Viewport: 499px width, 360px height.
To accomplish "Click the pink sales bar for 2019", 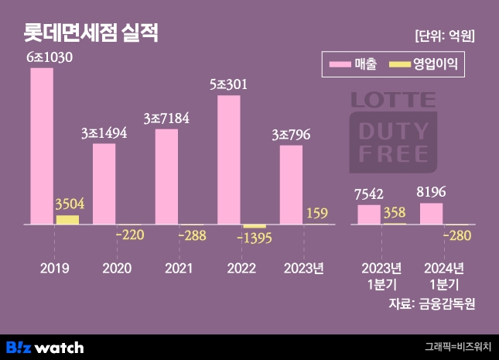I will point(42,146).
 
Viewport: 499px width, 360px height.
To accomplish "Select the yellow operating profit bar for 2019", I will point(67,220).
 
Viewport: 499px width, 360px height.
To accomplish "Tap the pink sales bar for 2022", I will point(229,160).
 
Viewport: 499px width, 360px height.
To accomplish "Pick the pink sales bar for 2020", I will point(104,184).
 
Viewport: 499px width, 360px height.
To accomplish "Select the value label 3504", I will point(70,204).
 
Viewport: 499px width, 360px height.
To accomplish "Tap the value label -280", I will point(458,235).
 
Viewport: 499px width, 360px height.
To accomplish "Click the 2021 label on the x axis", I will point(179,269).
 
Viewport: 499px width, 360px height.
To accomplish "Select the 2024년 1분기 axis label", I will point(443,276).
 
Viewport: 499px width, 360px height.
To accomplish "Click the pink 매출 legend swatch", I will point(339,64).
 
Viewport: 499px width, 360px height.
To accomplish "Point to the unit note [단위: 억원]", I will point(444,36).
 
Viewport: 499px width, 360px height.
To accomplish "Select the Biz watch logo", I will point(45,347).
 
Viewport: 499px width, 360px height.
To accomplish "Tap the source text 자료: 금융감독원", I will point(431,303).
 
